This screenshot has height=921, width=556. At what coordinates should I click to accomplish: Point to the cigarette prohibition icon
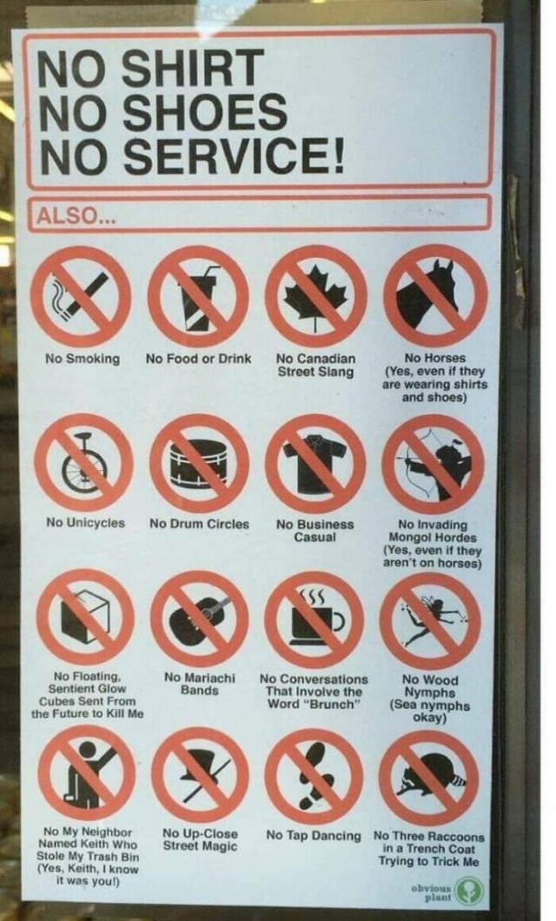tap(83, 296)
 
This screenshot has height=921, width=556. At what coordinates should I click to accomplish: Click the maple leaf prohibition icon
tap(315, 295)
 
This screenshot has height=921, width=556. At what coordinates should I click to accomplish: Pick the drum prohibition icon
tap(200, 461)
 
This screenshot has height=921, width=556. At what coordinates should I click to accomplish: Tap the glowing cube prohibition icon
tap(84, 618)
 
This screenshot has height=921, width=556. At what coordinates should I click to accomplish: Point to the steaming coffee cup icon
tap(314, 618)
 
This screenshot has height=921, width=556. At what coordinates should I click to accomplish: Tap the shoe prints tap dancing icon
tap(314, 775)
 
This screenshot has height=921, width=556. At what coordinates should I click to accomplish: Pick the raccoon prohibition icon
tap(428, 776)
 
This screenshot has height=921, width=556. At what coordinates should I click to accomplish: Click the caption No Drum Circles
tap(199, 524)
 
